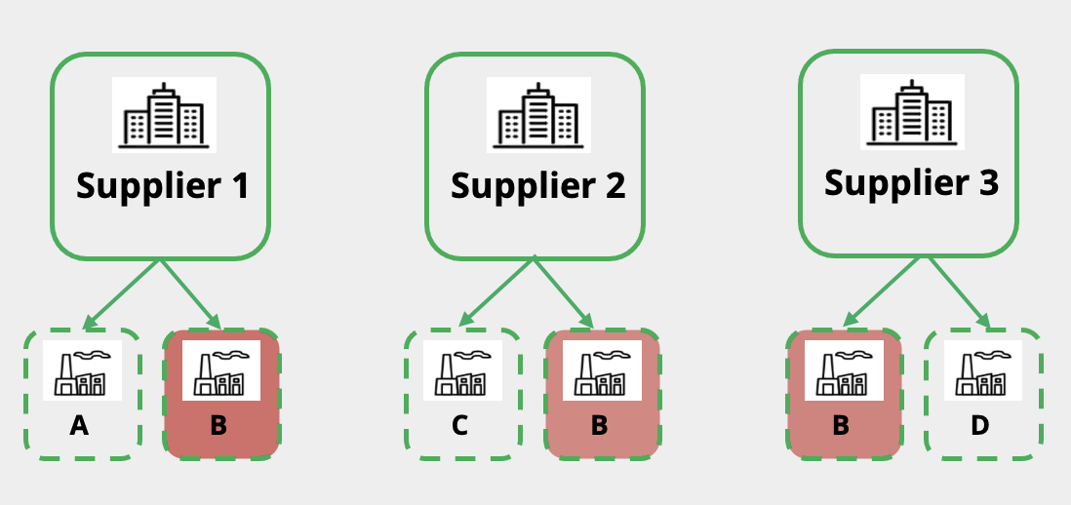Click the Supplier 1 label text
pos(162,185)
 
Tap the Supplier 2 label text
pos(537,185)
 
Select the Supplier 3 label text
pos(911,182)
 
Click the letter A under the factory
pos(80,425)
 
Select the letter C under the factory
pos(460,425)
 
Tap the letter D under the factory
pos(981,425)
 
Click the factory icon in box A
pos(82,370)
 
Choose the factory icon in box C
pos(462,370)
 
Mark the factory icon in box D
pos(982,370)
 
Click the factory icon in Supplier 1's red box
pos(219,370)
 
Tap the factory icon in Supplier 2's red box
pos(601,370)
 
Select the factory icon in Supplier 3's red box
pos(843,370)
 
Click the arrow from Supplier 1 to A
pos(121,295)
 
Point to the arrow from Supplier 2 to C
pos(496,293)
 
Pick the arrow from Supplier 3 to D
pos(959,292)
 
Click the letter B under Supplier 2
pos(600,425)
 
